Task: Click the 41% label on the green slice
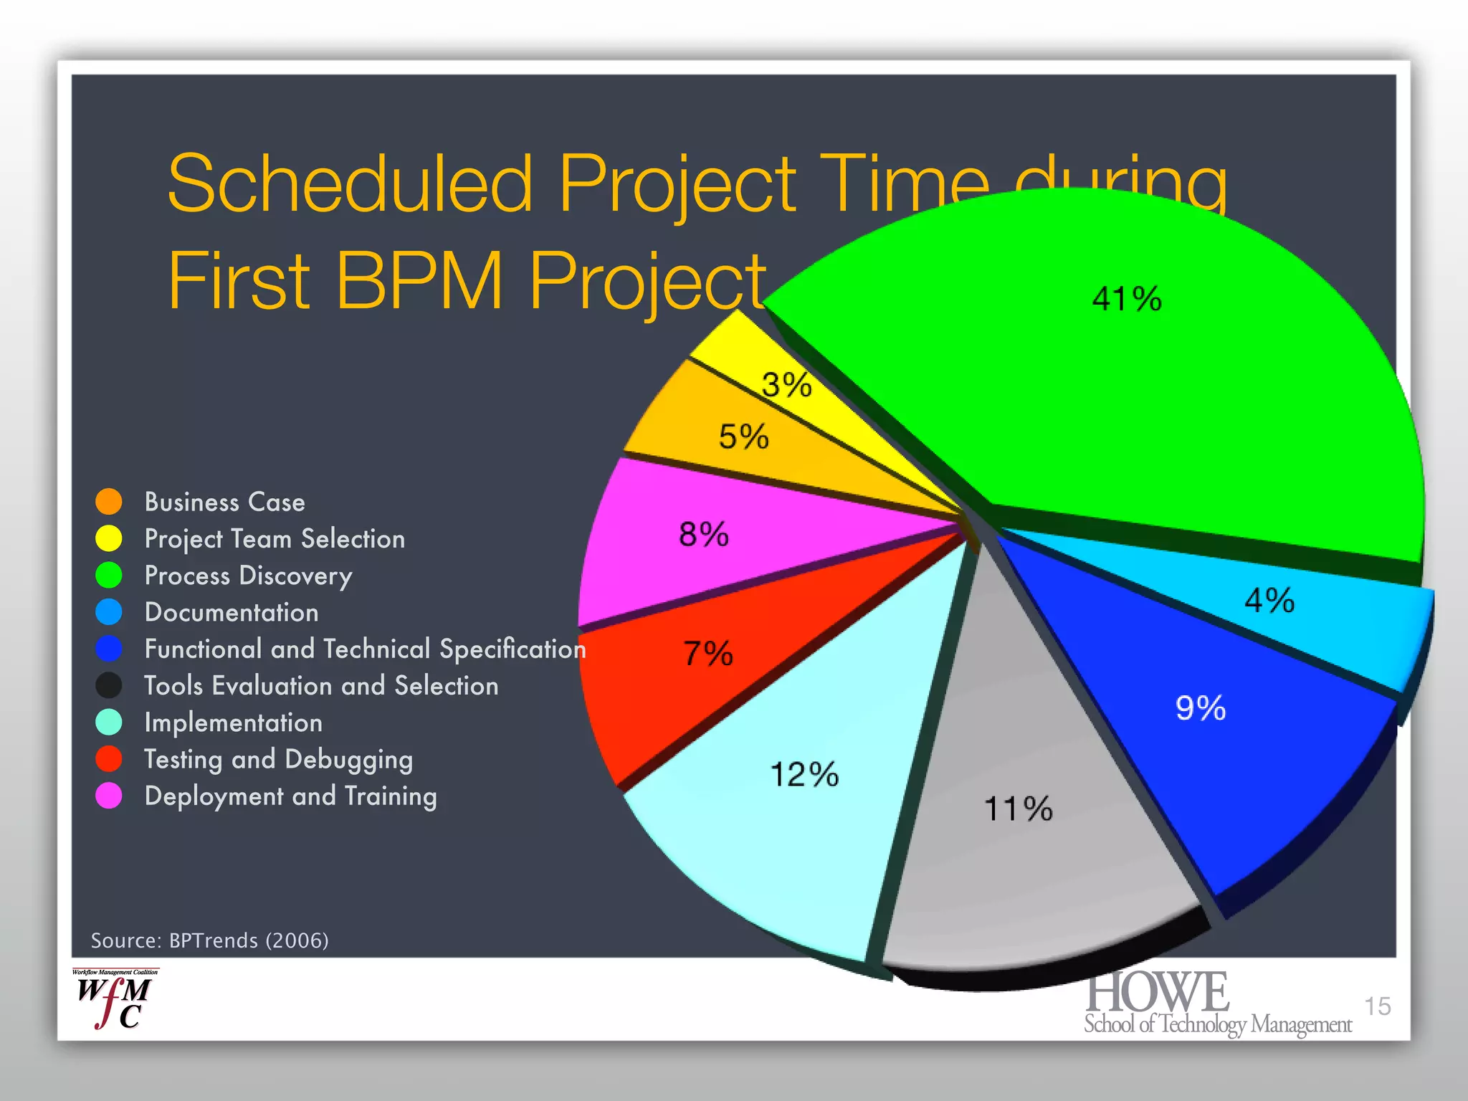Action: [1126, 299]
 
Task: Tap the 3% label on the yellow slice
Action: [786, 385]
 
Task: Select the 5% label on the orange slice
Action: [743, 437]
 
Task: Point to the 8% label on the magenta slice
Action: [703, 534]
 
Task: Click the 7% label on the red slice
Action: [707, 653]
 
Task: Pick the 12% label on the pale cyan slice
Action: [804, 774]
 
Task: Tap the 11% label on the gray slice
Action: [1018, 809]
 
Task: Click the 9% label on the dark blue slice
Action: [1200, 707]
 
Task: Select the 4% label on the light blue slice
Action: [1269, 600]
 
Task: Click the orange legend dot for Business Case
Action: [109, 502]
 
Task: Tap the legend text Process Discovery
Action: [248, 576]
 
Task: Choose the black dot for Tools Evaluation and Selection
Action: [109, 685]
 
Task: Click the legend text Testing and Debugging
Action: [278, 759]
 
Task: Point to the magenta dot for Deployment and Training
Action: [109, 796]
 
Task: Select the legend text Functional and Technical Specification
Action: [365, 649]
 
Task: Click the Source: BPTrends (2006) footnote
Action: [209, 940]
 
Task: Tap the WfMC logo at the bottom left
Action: [115, 999]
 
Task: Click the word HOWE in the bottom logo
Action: [1157, 993]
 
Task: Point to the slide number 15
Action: [1376, 1006]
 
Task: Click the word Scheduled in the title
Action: [350, 183]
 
